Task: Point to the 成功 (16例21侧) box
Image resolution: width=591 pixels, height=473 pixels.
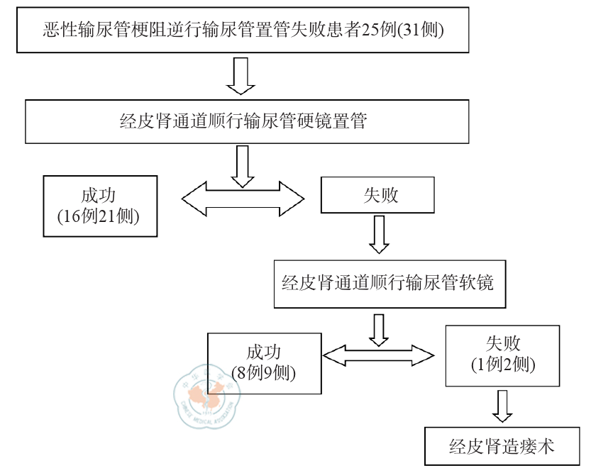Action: [x=99, y=205]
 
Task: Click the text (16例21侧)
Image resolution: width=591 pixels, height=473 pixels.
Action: [x=99, y=216]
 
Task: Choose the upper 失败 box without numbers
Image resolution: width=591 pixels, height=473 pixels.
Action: [x=375, y=194]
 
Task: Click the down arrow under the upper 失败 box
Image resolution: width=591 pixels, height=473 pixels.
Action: [x=380, y=234]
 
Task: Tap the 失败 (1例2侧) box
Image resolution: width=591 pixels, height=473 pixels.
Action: [x=503, y=355]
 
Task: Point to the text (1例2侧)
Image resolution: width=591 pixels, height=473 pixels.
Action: [x=503, y=365]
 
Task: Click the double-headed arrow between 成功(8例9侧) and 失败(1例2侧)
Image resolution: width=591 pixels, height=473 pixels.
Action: [x=378, y=352]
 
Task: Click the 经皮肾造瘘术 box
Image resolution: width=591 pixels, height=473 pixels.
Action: [x=502, y=446]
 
